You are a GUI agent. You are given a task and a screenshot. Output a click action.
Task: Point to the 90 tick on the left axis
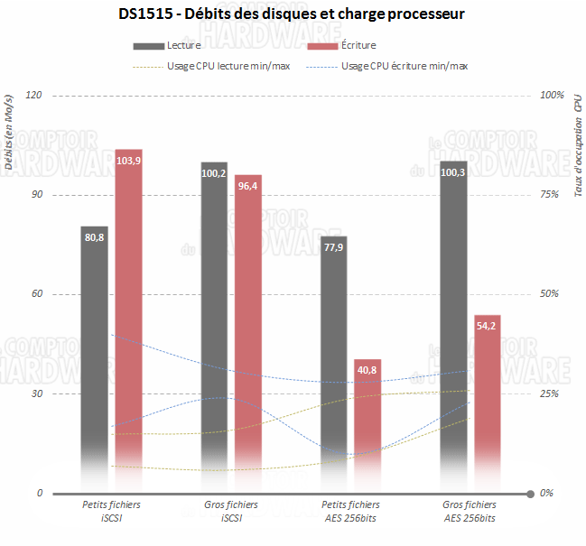coord(38,195)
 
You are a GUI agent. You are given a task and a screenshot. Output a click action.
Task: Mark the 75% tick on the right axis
coord(550,195)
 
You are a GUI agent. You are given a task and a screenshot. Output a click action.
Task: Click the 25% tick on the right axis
coord(550,394)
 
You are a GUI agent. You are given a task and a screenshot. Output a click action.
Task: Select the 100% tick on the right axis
coord(552,95)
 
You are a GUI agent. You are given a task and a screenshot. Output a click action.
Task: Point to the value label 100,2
coord(214,173)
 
